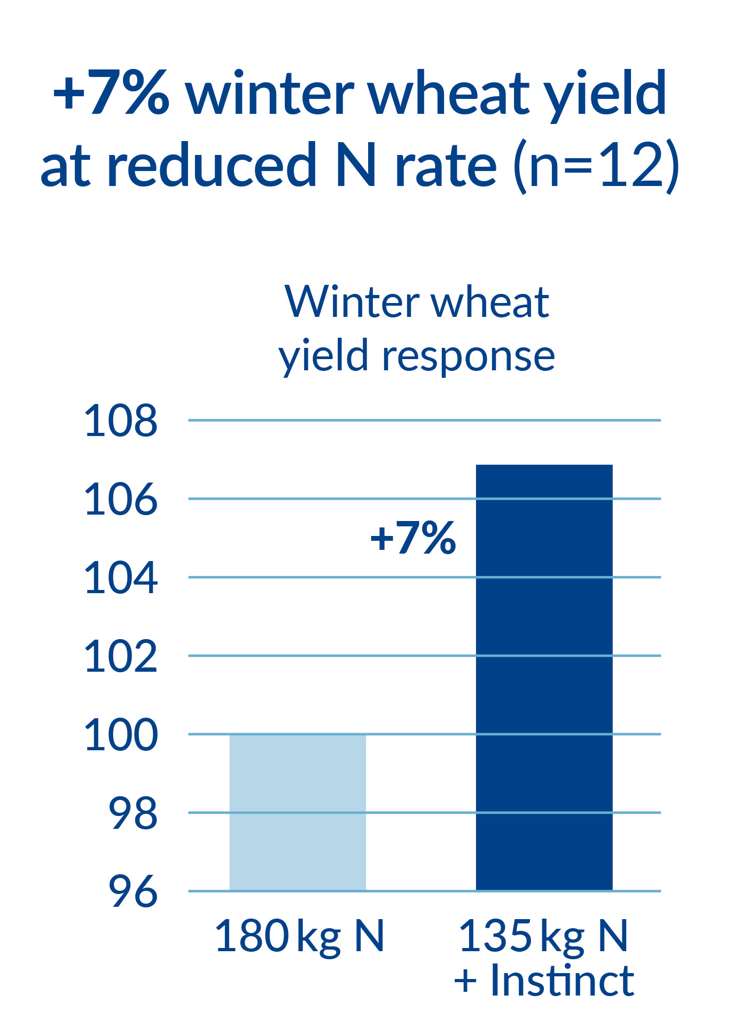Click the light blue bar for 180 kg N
298,812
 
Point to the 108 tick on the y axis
121,421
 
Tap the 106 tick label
121,500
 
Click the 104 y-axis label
121,578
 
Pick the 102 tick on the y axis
121,657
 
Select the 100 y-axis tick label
121,735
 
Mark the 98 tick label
133,814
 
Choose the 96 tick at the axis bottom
133,892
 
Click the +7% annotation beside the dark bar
413,538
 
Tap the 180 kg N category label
299,936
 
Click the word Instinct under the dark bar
562,981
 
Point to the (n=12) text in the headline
596,166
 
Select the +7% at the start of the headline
111,94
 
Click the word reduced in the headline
212,166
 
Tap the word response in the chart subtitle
468,356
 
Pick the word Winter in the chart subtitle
353,302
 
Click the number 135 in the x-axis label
495,936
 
